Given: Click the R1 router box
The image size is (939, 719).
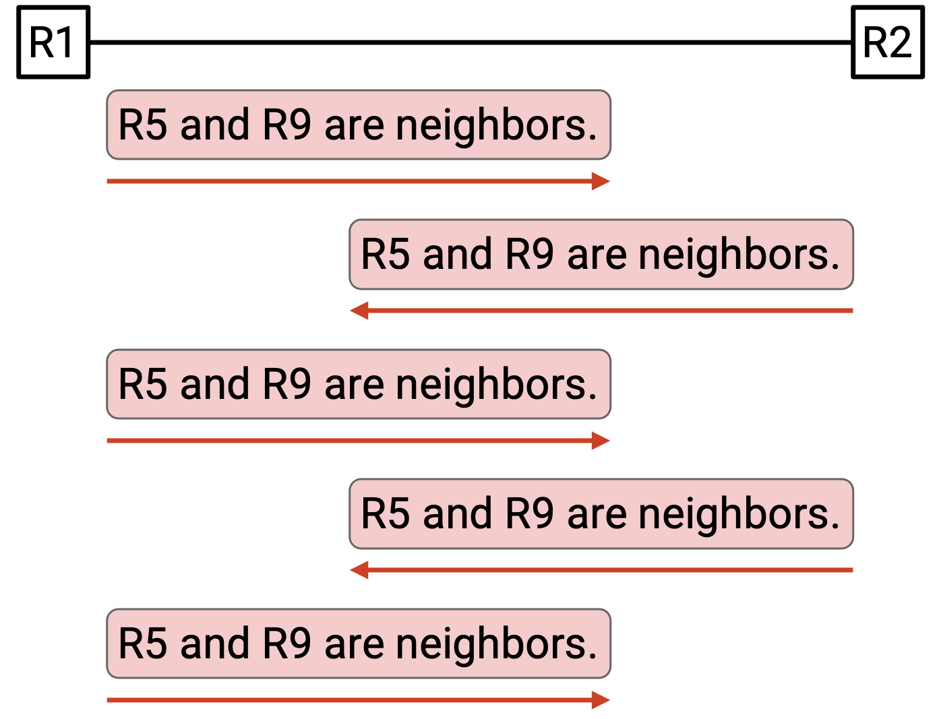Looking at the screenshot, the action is (53, 42).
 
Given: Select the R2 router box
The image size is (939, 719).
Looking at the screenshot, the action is (888, 42).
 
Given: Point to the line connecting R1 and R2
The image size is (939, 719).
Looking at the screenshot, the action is (471, 42).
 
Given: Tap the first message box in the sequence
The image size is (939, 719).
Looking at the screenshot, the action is (358, 125).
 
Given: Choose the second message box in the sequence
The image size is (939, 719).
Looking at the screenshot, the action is (601, 254).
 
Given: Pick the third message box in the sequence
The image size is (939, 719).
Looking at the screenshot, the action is (358, 383).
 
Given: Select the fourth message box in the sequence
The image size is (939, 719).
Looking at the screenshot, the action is (601, 513).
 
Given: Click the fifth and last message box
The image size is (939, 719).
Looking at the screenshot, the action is (358, 643).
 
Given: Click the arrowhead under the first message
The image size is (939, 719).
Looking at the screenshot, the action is (601, 181).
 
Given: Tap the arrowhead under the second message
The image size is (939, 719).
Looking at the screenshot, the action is (359, 311).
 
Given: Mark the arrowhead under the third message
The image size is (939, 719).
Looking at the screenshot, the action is (601, 441).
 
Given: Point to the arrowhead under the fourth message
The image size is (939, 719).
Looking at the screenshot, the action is (359, 570).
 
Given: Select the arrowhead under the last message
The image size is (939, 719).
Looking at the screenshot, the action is (601, 699).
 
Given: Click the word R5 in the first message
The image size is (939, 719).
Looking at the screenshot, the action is (143, 125).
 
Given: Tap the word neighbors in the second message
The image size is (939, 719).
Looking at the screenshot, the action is (739, 255).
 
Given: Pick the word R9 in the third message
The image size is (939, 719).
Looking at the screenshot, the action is (286, 383).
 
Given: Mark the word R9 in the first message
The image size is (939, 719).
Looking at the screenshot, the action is (286, 125).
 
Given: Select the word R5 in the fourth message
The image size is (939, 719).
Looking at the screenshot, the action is (386, 513).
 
